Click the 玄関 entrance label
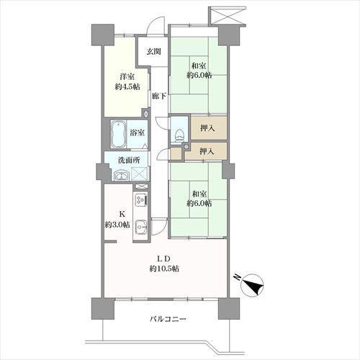point(153,52)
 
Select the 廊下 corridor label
point(159,96)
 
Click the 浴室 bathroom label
point(138,132)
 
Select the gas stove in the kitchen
point(140,199)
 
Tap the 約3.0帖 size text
point(117,225)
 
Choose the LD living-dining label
point(165,257)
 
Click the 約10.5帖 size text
point(165,269)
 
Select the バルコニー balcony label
point(170,319)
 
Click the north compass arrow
point(255,286)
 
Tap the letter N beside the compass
point(236,276)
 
